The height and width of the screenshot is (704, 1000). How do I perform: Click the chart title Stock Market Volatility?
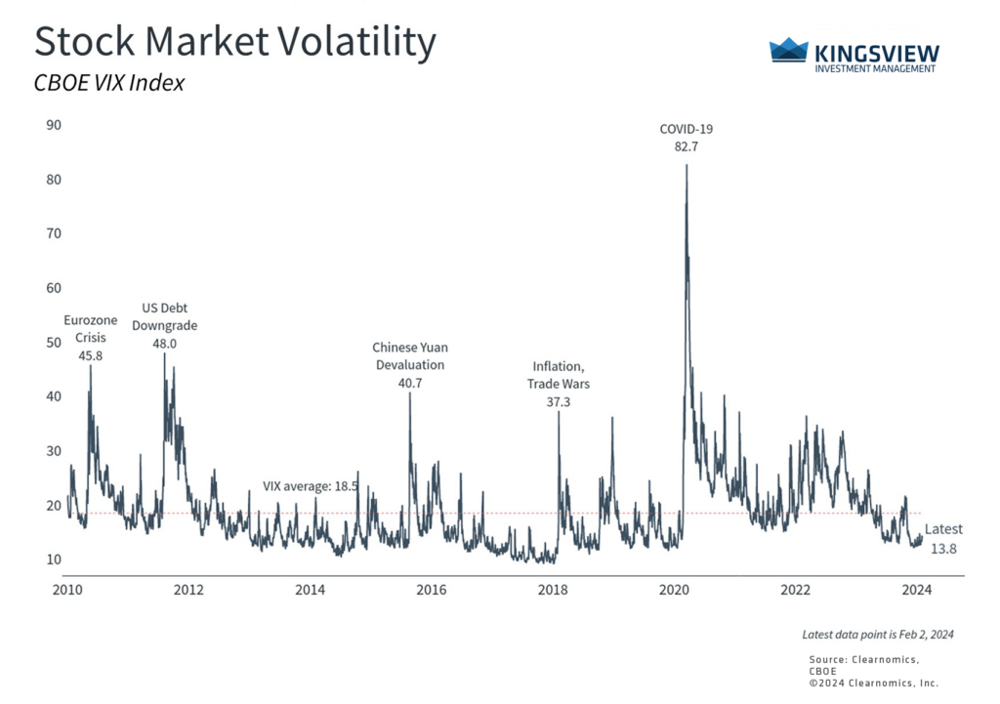[x=234, y=42]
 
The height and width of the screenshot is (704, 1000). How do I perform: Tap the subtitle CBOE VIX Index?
[x=109, y=84]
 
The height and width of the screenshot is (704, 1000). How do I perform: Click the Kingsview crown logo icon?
[x=788, y=51]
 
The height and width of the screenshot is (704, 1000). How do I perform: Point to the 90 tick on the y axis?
[x=54, y=125]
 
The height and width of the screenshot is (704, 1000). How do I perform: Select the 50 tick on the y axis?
[x=54, y=342]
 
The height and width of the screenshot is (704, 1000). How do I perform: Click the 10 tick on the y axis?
[x=54, y=559]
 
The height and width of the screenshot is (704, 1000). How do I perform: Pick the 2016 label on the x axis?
[x=432, y=590]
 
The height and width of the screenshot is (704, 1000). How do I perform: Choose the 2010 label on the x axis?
[x=67, y=590]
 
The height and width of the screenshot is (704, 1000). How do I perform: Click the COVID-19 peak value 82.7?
[x=679, y=146]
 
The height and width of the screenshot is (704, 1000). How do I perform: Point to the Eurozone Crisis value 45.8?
[x=91, y=355]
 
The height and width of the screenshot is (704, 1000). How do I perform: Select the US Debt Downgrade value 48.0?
[x=164, y=344]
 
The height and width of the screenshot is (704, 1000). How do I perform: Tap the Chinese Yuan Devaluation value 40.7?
[x=410, y=383]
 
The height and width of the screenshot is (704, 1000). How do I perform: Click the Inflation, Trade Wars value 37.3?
[x=559, y=401]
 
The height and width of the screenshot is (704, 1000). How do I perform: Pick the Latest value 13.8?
[x=943, y=549]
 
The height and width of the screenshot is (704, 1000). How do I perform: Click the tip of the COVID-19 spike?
[x=687, y=165]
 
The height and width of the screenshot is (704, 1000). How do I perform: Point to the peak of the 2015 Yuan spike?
[x=409, y=393]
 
